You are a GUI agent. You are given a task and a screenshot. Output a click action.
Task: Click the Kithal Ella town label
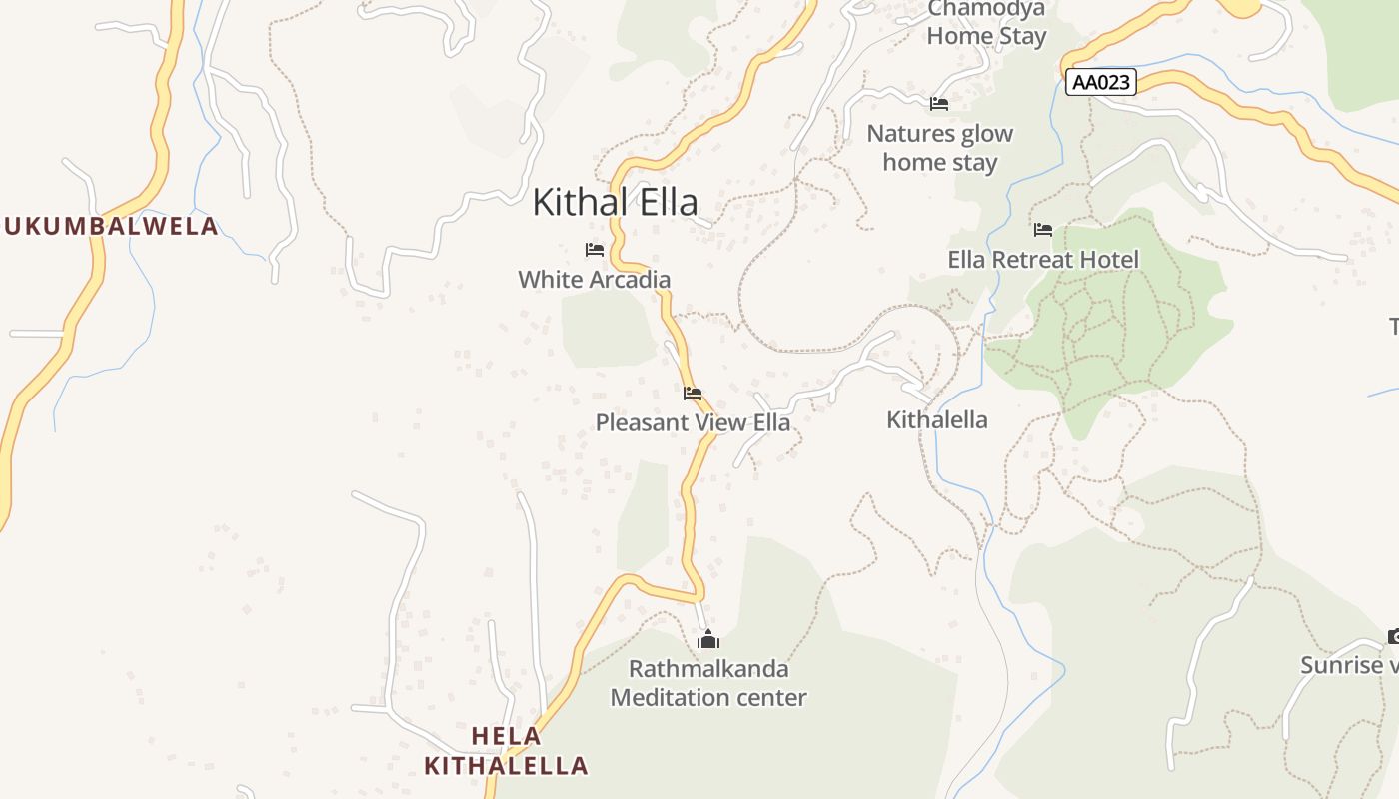615,202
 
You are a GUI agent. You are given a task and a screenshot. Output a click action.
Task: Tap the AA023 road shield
1102,82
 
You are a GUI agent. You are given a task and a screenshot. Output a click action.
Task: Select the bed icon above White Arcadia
595,250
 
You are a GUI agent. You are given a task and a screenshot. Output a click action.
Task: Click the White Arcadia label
594,280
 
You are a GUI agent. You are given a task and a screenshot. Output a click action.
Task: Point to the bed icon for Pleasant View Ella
693,394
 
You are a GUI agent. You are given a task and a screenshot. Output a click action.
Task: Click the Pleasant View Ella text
693,422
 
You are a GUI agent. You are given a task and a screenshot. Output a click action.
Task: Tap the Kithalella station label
937,420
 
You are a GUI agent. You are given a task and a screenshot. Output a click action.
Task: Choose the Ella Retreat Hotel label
1043,260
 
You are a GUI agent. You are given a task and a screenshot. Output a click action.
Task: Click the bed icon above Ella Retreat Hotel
1043,230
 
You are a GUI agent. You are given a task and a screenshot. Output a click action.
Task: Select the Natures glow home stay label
939,147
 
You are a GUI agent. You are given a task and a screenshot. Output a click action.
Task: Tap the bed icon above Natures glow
939,103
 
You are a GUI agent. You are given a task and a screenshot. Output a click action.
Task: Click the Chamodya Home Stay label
986,24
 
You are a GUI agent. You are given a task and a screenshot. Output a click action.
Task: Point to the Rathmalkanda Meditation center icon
708,639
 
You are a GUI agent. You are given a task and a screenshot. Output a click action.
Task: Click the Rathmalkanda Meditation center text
708,683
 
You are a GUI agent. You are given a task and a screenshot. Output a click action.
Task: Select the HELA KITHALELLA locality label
506,751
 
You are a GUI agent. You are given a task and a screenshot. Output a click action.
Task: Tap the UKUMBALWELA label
110,226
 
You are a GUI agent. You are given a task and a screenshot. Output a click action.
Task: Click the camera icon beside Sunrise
1393,636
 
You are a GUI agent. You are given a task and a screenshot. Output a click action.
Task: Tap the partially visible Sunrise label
1349,665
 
